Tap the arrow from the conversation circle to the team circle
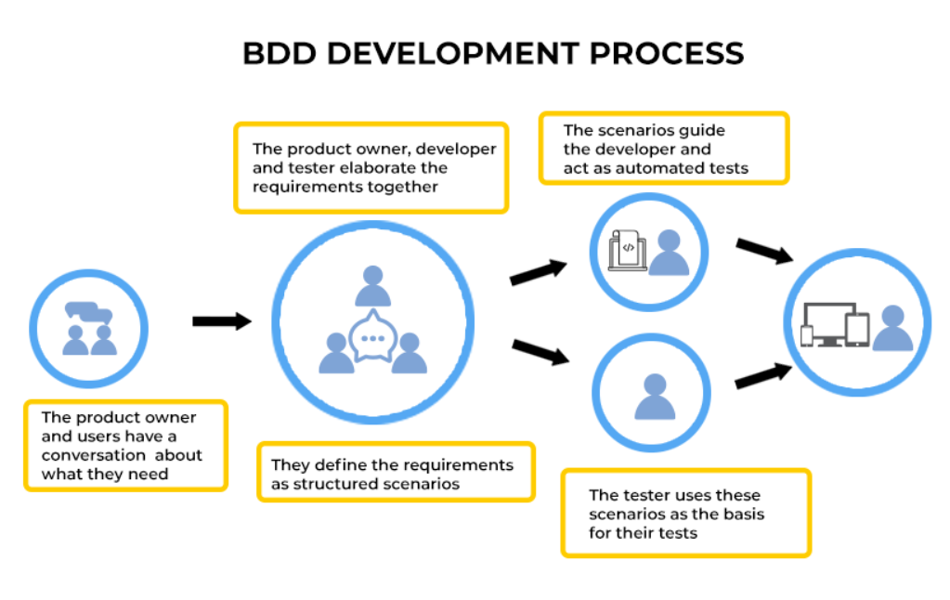point(222,321)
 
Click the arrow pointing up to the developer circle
point(539,272)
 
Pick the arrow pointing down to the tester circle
point(540,351)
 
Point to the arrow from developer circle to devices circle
point(763,251)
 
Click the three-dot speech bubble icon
point(373,338)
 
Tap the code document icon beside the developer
point(627,249)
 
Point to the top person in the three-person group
point(373,285)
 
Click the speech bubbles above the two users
point(89,313)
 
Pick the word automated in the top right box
point(654,168)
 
